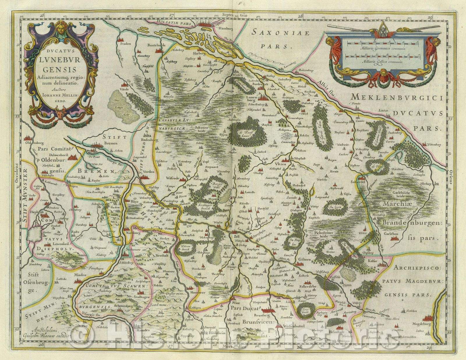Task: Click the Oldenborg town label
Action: tap(34, 143)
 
